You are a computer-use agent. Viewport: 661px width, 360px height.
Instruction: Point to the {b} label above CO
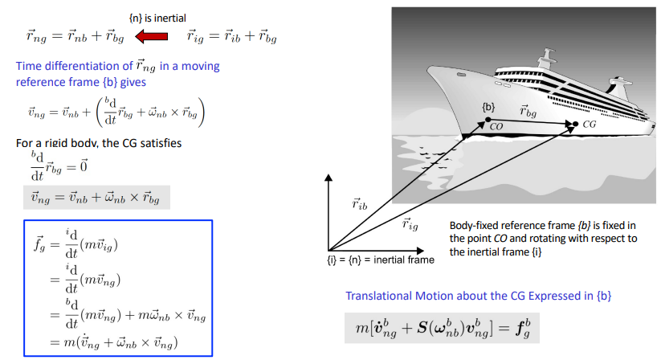(x=488, y=106)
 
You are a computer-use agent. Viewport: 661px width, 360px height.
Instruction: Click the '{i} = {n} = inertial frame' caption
(x=375, y=259)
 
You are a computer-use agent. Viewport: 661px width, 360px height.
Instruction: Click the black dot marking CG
(x=575, y=124)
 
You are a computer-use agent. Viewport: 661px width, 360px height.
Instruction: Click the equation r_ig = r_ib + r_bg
(x=231, y=35)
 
